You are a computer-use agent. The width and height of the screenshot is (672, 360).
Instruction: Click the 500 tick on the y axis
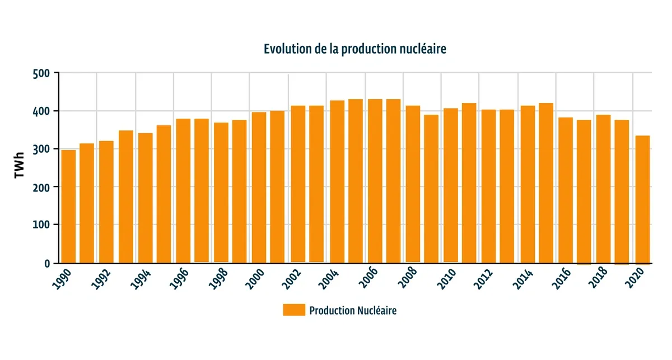tap(43, 73)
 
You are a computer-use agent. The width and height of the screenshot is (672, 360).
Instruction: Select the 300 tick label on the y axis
tap(43, 149)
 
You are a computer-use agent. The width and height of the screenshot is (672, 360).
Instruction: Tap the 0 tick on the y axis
tap(48, 263)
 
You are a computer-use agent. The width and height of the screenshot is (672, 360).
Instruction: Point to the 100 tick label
tap(43, 225)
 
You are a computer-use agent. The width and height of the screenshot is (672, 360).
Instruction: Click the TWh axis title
tap(19, 167)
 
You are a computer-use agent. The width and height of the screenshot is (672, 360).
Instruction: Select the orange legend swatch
tap(294, 310)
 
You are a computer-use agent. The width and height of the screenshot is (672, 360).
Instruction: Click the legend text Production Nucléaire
tap(353, 310)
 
